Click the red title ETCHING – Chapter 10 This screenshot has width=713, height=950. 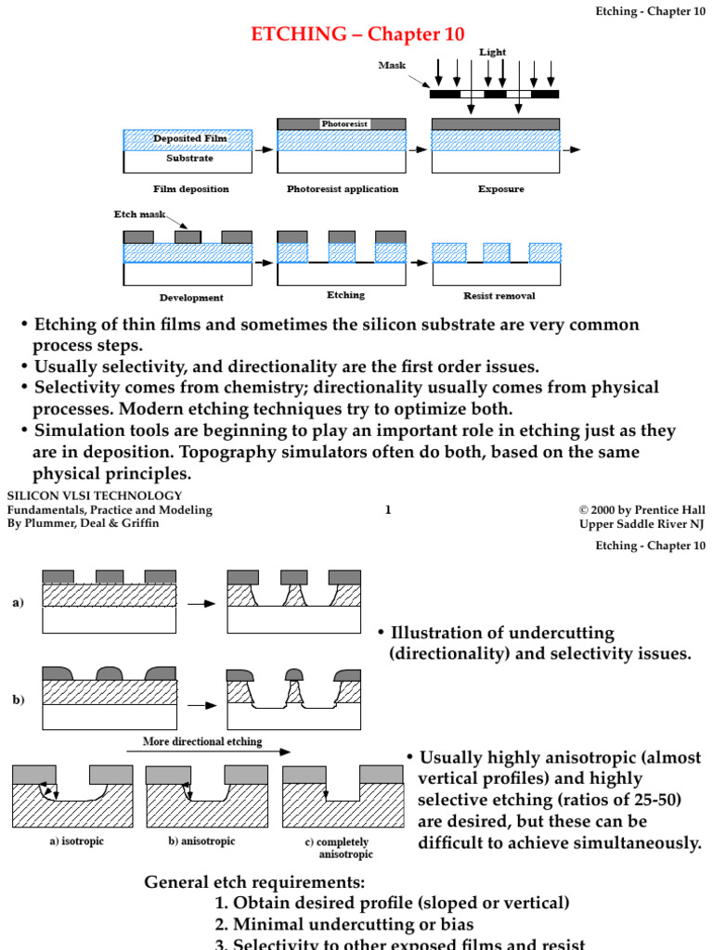344,34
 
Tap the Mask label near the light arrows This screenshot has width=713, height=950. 392,65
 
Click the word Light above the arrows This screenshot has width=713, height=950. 492,53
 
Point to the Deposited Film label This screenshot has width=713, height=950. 189,139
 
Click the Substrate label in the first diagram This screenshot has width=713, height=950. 189,158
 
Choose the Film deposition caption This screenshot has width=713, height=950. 190,189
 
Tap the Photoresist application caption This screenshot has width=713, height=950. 342,189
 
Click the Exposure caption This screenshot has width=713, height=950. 500,189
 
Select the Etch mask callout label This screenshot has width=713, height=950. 139,214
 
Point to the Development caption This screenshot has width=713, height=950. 190,298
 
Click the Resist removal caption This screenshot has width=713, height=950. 499,297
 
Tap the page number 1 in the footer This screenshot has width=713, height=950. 388,509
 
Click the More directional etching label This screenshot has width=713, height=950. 202,741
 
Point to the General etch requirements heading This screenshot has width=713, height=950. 254,881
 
